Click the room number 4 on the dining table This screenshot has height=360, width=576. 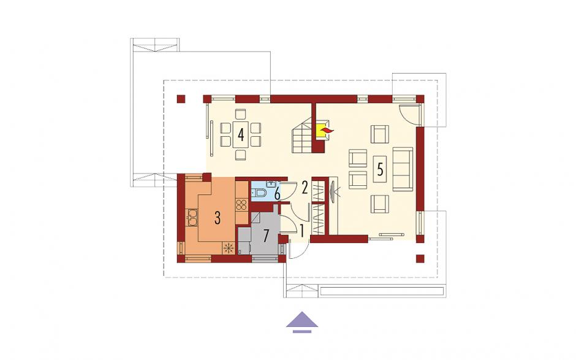coord(241,134)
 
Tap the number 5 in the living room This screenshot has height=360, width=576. coord(380,169)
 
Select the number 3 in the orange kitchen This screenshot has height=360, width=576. coord(217,218)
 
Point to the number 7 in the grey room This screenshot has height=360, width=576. coord(267,236)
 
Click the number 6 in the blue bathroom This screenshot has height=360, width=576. coord(278,193)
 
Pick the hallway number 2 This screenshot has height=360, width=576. coord(305,188)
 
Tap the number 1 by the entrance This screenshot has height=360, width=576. coord(302,231)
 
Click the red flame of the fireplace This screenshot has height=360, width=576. coord(326,130)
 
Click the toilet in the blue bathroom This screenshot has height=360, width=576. coord(259,193)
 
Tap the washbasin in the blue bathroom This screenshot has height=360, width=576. coord(271,184)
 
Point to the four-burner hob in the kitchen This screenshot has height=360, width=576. coord(241,204)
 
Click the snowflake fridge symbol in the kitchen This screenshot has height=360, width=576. coord(229,248)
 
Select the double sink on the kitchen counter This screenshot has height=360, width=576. coord(192,216)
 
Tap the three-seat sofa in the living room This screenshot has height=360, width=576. coord(403,169)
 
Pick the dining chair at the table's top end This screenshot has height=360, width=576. coord(241,114)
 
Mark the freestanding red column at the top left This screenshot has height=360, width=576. coord(180,99)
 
